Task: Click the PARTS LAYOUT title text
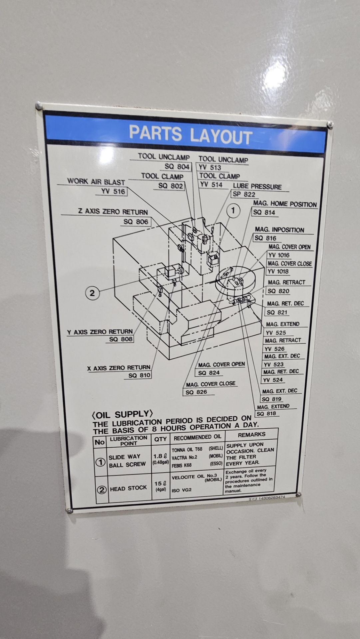click(x=190, y=134)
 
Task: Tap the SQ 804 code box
click(x=177, y=166)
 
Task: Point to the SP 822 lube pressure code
click(x=244, y=195)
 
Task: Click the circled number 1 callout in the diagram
click(x=233, y=211)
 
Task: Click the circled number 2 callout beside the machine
click(x=92, y=293)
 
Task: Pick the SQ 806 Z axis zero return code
click(x=136, y=222)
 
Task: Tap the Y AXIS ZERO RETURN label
click(x=100, y=332)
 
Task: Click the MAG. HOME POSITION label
click(x=285, y=204)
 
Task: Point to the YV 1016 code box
click(x=279, y=255)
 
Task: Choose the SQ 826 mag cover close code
click(x=196, y=392)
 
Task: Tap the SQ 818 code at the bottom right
click(x=266, y=414)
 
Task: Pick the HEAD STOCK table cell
click(x=128, y=488)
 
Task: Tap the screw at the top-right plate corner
click(x=330, y=124)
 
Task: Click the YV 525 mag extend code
click(x=276, y=332)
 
